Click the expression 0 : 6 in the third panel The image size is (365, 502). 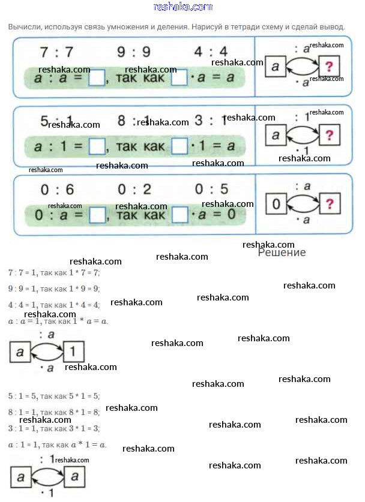click(57, 190)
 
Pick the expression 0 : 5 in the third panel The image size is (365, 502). click(211, 190)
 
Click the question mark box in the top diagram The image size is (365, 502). click(328, 66)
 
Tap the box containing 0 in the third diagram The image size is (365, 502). click(276, 205)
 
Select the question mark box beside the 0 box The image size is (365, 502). click(328, 205)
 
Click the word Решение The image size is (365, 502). click(282, 252)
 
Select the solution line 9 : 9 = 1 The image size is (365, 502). click(54, 288)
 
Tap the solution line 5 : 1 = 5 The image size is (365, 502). click(54, 396)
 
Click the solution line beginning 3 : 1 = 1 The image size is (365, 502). click(54, 428)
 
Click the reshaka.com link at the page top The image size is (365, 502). click(182, 7)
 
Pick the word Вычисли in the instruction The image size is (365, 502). click(25, 27)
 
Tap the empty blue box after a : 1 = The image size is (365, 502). click(97, 146)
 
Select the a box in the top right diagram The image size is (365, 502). click(276, 66)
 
